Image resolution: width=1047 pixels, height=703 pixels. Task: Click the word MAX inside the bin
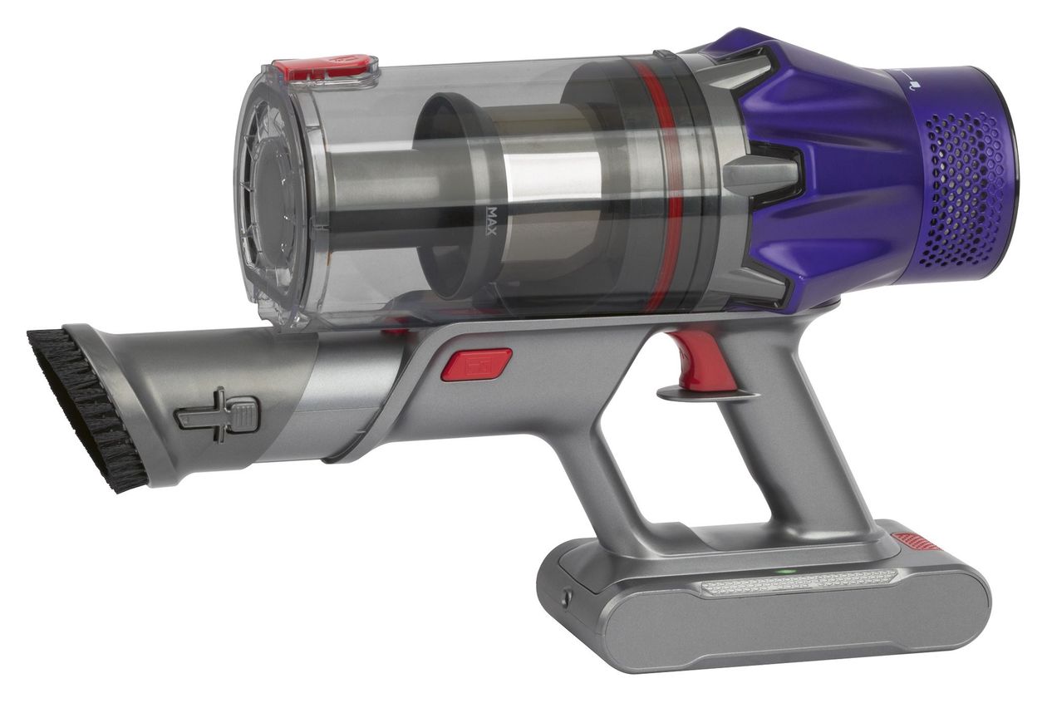pos(490,221)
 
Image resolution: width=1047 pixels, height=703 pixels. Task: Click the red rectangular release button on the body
pos(477,364)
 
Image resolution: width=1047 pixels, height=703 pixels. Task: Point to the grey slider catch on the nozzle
pos(218,415)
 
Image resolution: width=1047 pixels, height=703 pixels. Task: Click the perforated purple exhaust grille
pos(963,189)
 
